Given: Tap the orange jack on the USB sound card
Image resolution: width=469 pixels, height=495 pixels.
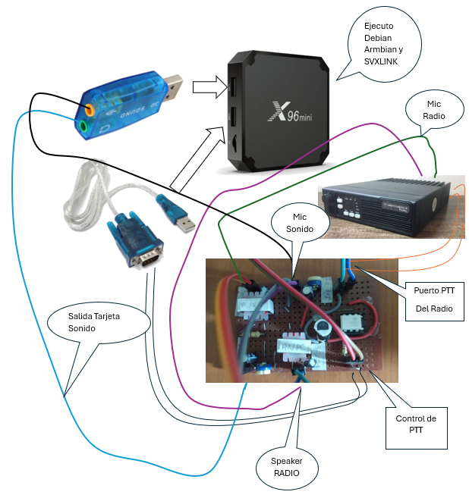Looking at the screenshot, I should [90, 108].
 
